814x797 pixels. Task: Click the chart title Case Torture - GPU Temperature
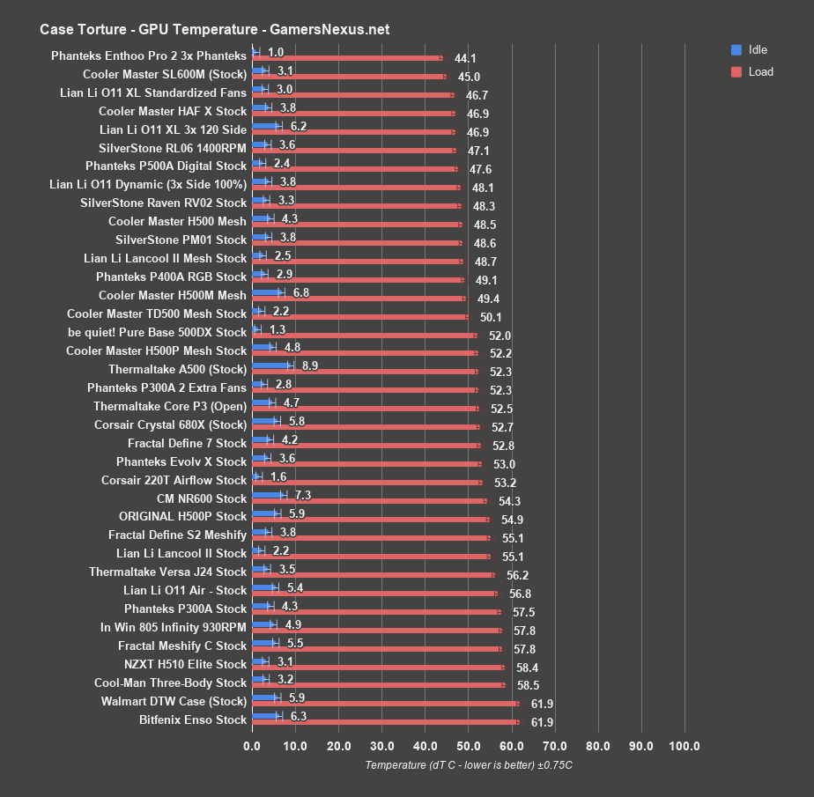coord(214,29)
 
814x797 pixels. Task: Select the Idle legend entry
coord(757,49)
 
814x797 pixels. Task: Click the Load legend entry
coord(760,71)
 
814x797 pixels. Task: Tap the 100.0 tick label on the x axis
coord(684,747)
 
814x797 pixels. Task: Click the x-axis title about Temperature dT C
coord(469,764)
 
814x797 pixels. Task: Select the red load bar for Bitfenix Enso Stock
coord(385,722)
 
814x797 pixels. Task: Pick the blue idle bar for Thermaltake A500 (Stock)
coord(271,365)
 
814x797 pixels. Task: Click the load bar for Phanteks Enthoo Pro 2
coord(347,58)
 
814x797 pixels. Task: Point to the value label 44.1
coord(465,59)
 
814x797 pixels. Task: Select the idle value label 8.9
coord(309,365)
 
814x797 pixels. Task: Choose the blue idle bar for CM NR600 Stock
coord(268,495)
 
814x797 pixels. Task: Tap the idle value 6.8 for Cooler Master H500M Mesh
coord(300,291)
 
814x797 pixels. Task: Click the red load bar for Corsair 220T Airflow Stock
coord(366,483)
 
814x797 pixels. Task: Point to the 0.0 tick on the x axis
coord(252,747)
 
